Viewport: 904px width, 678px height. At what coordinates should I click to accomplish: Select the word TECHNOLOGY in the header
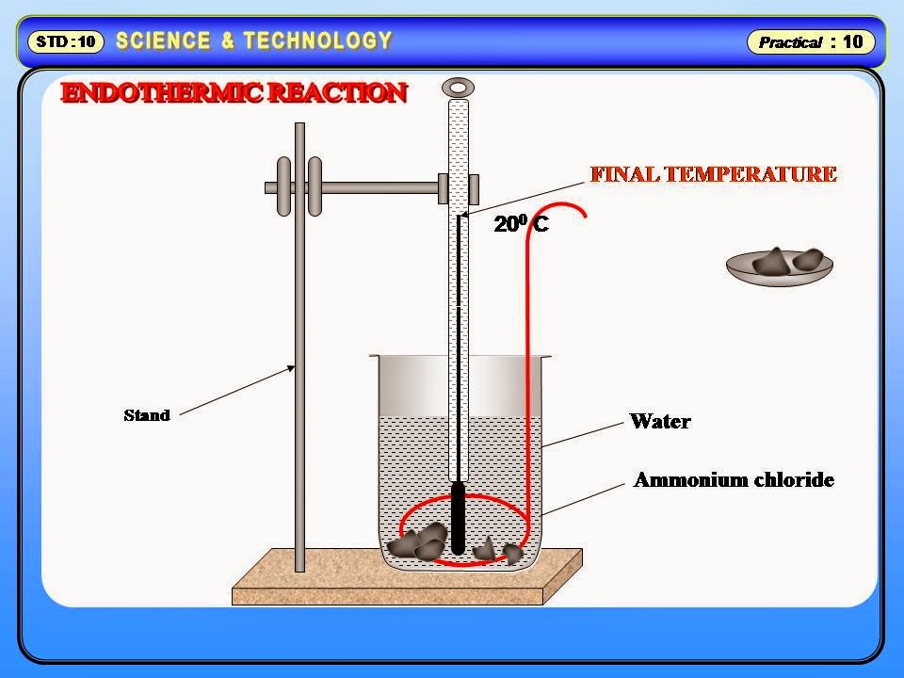tap(317, 40)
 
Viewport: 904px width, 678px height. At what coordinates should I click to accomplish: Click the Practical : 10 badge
tap(811, 41)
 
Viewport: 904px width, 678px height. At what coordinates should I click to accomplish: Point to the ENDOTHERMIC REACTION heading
tap(234, 93)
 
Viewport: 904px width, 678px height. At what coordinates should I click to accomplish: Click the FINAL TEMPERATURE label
tap(713, 174)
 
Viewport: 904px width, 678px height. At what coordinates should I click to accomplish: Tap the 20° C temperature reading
tap(521, 225)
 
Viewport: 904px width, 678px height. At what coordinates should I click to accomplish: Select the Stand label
tap(147, 415)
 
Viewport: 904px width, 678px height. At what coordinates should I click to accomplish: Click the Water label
tap(659, 421)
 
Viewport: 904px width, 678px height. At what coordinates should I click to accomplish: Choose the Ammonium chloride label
tap(734, 480)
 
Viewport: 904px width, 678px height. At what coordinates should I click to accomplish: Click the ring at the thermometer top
tap(458, 88)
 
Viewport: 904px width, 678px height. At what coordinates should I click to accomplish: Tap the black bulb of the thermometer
tap(458, 518)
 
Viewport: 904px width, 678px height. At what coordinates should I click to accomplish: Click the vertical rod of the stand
tap(299, 377)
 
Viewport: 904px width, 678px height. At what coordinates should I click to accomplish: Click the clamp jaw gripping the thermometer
tap(459, 188)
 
